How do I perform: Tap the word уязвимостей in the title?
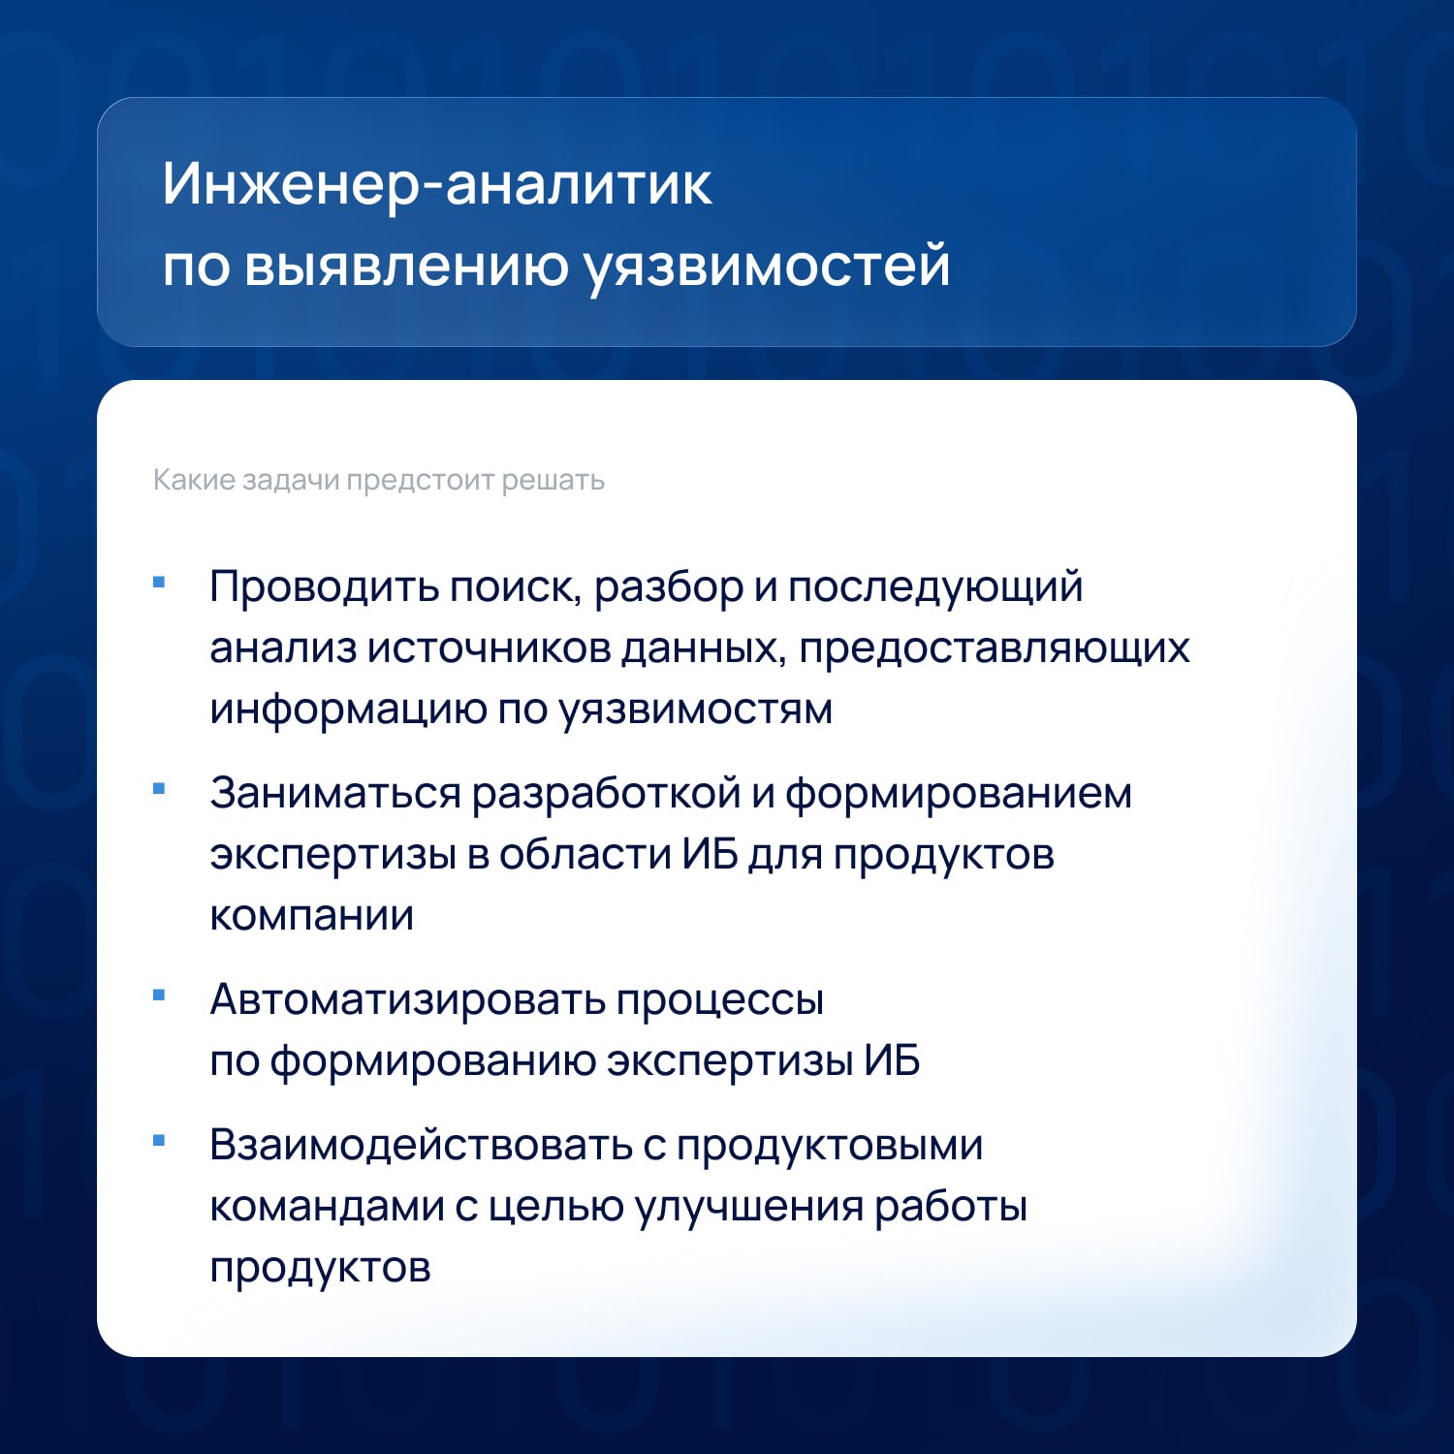pyautogui.click(x=767, y=266)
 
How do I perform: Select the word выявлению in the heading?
pyautogui.click(x=406, y=266)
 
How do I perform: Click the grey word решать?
pyautogui.click(x=553, y=481)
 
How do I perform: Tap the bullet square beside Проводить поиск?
pyautogui.click(x=160, y=583)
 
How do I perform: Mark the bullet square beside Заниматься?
pyautogui.click(x=160, y=789)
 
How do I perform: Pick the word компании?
pyautogui.click(x=312, y=916)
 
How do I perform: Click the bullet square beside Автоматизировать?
pyautogui.click(x=160, y=996)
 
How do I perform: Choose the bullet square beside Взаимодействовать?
pyautogui.click(x=160, y=1141)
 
